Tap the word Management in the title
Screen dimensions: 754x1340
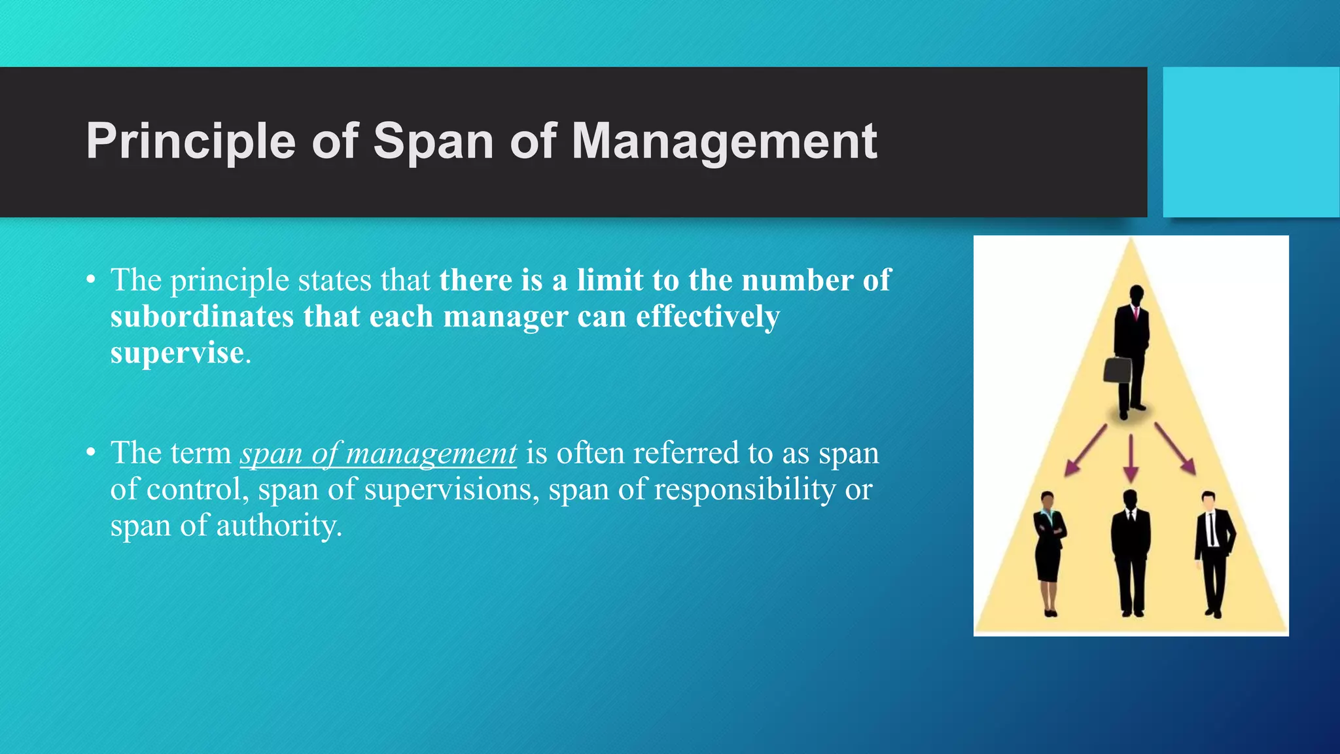tap(724, 141)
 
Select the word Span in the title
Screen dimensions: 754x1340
tap(433, 141)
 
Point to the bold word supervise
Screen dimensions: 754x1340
tap(177, 353)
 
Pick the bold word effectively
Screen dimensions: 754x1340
tap(707, 317)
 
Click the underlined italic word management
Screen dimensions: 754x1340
tap(431, 454)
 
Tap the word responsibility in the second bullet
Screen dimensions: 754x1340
tap(745, 490)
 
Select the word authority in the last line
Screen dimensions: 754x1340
tap(278, 526)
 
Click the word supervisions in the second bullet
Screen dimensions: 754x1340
tap(451, 490)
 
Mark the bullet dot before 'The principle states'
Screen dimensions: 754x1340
tap(91, 281)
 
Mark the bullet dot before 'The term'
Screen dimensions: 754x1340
tap(91, 454)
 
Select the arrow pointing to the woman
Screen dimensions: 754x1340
tap(1084, 450)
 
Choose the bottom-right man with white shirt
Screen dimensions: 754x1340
tap(1214, 553)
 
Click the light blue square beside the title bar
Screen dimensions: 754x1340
tap(1251, 142)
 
